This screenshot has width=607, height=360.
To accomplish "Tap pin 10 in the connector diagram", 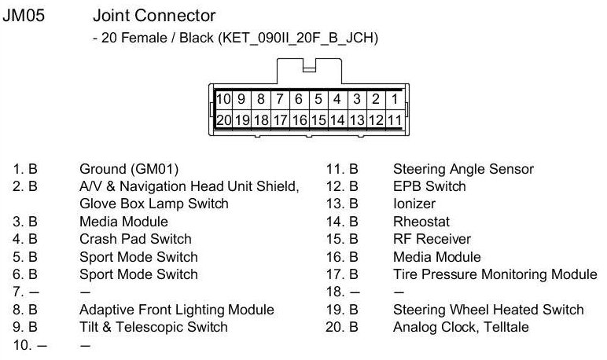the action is (x=223, y=100).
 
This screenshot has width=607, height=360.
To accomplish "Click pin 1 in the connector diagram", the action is (x=395, y=100).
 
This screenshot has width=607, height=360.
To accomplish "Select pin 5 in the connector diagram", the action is (x=318, y=100).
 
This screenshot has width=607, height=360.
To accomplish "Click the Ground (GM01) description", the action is (x=129, y=169).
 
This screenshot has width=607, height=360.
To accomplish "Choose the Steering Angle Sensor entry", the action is (x=463, y=169).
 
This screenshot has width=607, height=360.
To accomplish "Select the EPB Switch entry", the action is (x=429, y=186).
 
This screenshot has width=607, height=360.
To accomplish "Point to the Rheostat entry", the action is (x=421, y=222).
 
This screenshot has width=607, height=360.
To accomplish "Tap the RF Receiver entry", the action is (x=432, y=239).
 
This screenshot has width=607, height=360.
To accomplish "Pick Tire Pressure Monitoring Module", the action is (x=495, y=274).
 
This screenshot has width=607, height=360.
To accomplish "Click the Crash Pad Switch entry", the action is (x=135, y=239).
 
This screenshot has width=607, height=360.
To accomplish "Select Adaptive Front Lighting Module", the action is (x=177, y=310).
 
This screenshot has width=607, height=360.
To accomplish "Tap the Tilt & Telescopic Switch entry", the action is (x=153, y=327).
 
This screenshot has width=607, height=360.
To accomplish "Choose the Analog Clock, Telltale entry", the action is (x=461, y=327).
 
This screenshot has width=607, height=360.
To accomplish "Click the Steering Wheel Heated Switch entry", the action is (x=488, y=310).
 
